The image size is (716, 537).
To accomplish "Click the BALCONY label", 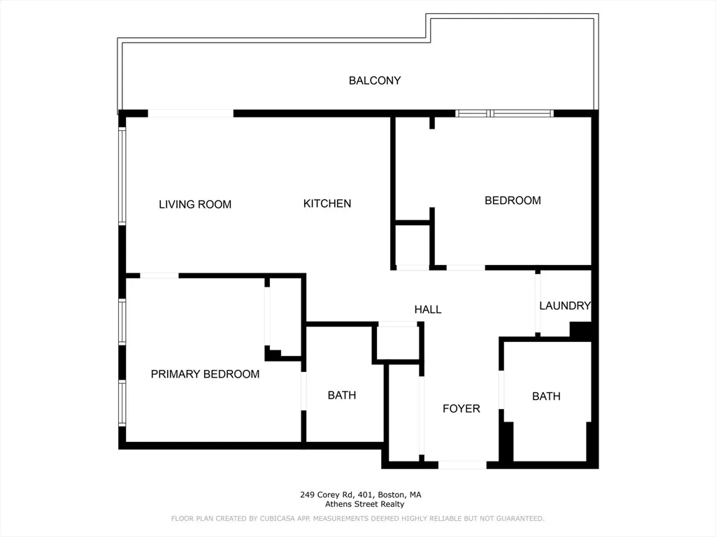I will point(375,80).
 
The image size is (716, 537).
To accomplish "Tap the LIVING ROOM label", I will point(195,204).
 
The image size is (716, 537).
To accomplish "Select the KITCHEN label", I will point(327,203).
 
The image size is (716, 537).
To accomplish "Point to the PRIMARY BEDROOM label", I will point(205,374).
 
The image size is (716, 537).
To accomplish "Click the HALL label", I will point(428,309).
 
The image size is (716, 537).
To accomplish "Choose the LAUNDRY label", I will point(565,306).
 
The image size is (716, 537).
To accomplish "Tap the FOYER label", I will point(461,408).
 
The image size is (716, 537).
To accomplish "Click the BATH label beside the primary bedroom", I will point(342,395).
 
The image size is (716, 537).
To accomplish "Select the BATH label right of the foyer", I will point(546,396).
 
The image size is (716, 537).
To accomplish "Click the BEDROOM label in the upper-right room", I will point(513,201).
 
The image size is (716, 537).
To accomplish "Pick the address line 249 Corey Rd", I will point(361,495).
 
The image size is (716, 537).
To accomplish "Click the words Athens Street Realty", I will point(364,504).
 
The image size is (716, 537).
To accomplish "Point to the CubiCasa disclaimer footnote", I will point(358,519).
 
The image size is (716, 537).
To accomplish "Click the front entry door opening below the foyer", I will point(462,464).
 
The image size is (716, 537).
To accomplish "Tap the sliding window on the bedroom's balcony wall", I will point(504,113).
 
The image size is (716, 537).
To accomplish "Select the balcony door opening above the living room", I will point(190,113).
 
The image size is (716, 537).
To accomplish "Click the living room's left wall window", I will point(122,175).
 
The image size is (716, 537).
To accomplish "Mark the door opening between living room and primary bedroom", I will point(159,275).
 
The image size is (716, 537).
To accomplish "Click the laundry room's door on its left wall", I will point(538,303).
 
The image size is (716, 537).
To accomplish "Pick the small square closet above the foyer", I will point(398,343).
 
